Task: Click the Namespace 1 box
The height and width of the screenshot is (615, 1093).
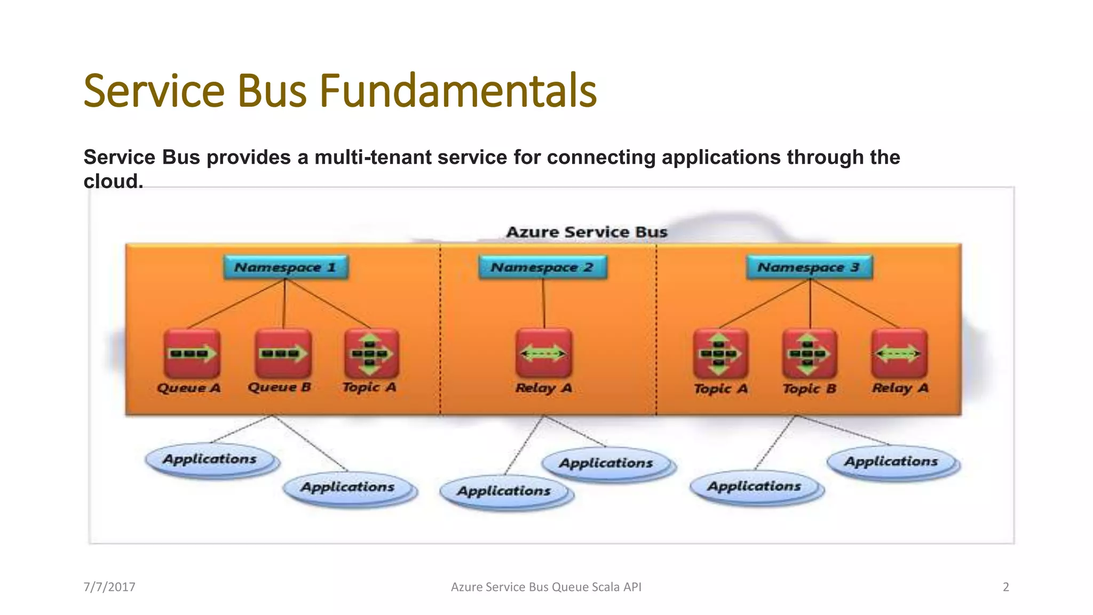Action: click(286, 267)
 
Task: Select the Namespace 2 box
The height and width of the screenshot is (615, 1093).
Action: click(542, 267)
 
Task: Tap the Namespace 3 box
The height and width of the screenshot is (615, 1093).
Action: click(809, 267)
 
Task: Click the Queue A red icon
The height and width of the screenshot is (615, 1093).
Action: click(192, 353)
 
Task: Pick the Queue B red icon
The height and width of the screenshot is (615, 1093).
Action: click(283, 353)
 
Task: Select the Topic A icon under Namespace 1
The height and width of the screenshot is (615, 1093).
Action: click(371, 353)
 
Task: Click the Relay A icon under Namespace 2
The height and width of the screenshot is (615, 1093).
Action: click(544, 353)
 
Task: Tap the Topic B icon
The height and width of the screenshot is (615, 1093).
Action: click(809, 353)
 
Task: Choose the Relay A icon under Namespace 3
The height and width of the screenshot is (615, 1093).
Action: click(899, 353)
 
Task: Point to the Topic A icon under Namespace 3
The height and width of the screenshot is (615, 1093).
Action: click(720, 353)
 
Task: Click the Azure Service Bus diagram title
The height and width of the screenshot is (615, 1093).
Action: click(587, 232)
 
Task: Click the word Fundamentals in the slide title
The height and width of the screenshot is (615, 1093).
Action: click(458, 91)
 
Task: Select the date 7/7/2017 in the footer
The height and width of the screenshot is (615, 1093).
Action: click(109, 587)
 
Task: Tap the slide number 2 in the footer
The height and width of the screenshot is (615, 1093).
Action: click(1005, 587)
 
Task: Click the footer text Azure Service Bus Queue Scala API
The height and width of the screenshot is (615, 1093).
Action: click(546, 587)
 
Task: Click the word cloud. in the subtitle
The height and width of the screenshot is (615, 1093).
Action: click(113, 182)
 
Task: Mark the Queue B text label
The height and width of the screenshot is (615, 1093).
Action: click(279, 387)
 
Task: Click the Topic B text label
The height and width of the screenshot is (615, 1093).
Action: click(809, 389)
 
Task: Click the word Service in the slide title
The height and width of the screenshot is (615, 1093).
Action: click(154, 91)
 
